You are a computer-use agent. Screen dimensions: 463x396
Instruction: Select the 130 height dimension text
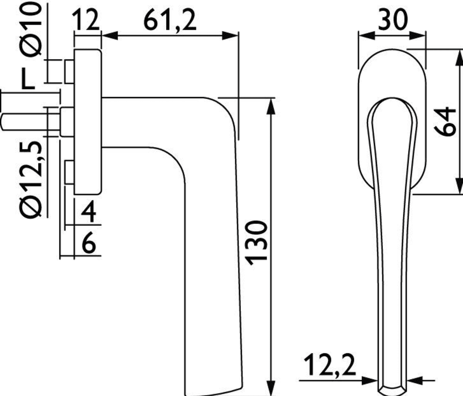coord(256,243)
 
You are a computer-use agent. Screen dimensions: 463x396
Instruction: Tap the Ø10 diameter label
coord(32,30)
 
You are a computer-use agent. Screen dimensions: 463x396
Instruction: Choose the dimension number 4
coord(89,211)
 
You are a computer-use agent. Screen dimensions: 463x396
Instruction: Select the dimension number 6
coord(89,243)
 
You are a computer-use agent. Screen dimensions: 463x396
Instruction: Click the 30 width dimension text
coord(393,19)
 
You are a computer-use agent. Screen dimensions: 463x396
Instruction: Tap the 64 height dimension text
coord(446,121)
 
